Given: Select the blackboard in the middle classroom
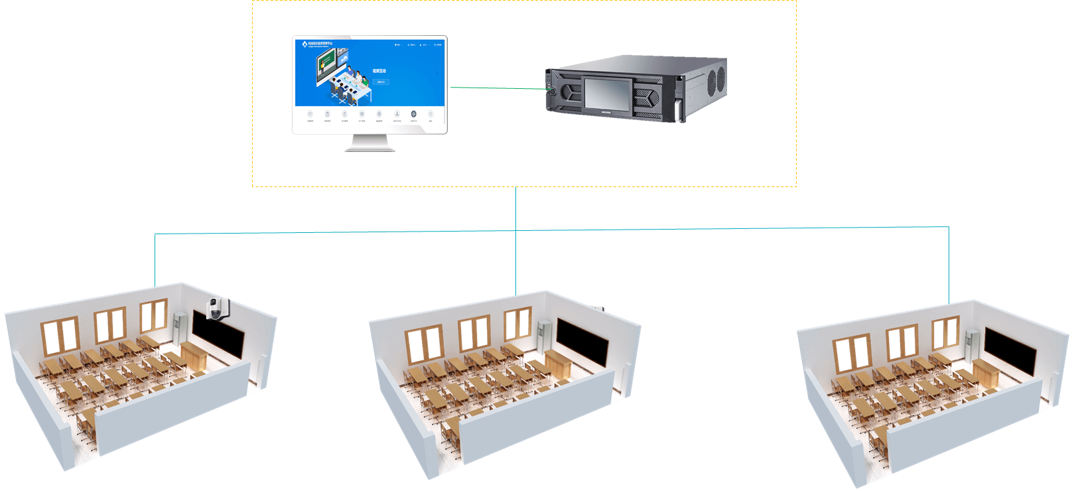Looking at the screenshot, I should tap(582, 342).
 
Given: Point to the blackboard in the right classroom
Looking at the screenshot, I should tap(1010, 350).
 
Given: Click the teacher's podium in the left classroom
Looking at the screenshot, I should tap(193, 356).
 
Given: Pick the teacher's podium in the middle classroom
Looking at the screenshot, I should tap(557, 364).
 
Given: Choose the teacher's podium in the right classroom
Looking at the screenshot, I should tap(986, 373).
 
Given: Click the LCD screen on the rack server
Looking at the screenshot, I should tap(607, 94).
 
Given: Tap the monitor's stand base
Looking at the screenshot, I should tap(369, 148).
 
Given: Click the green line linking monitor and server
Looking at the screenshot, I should tap(498, 88).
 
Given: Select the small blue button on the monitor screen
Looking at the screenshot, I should tap(380, 82).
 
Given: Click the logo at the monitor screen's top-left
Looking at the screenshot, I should tap(304, 44).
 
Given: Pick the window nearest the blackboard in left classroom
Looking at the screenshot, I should tap(153, 315).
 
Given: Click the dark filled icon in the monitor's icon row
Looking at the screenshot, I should tap(413, 114).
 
